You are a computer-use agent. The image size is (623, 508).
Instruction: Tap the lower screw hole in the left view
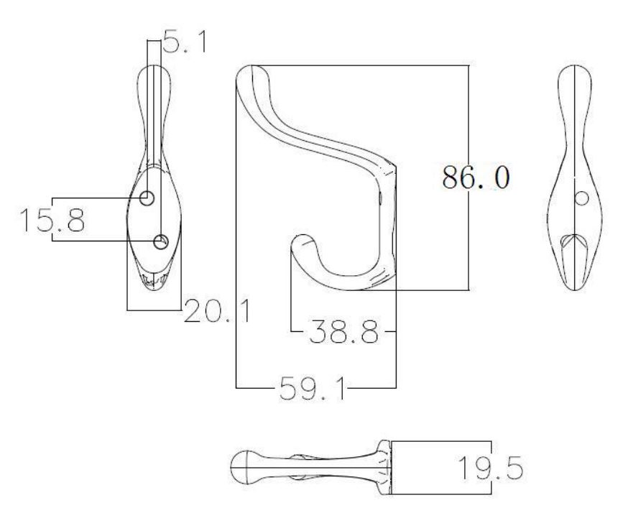tap(161, 240)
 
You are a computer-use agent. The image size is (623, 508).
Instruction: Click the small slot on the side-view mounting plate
tap(379, 195)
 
